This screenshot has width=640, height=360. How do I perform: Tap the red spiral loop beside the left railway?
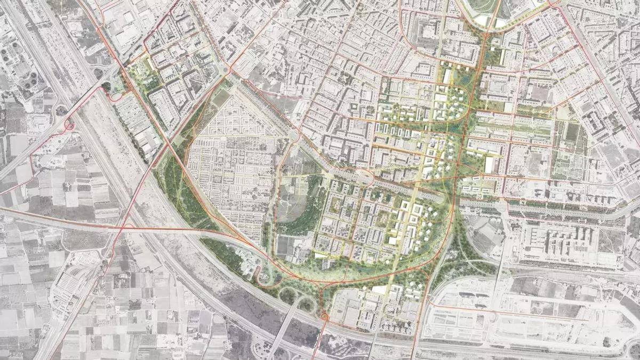(69, 126)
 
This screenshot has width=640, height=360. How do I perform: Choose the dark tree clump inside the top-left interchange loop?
(106, 85)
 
